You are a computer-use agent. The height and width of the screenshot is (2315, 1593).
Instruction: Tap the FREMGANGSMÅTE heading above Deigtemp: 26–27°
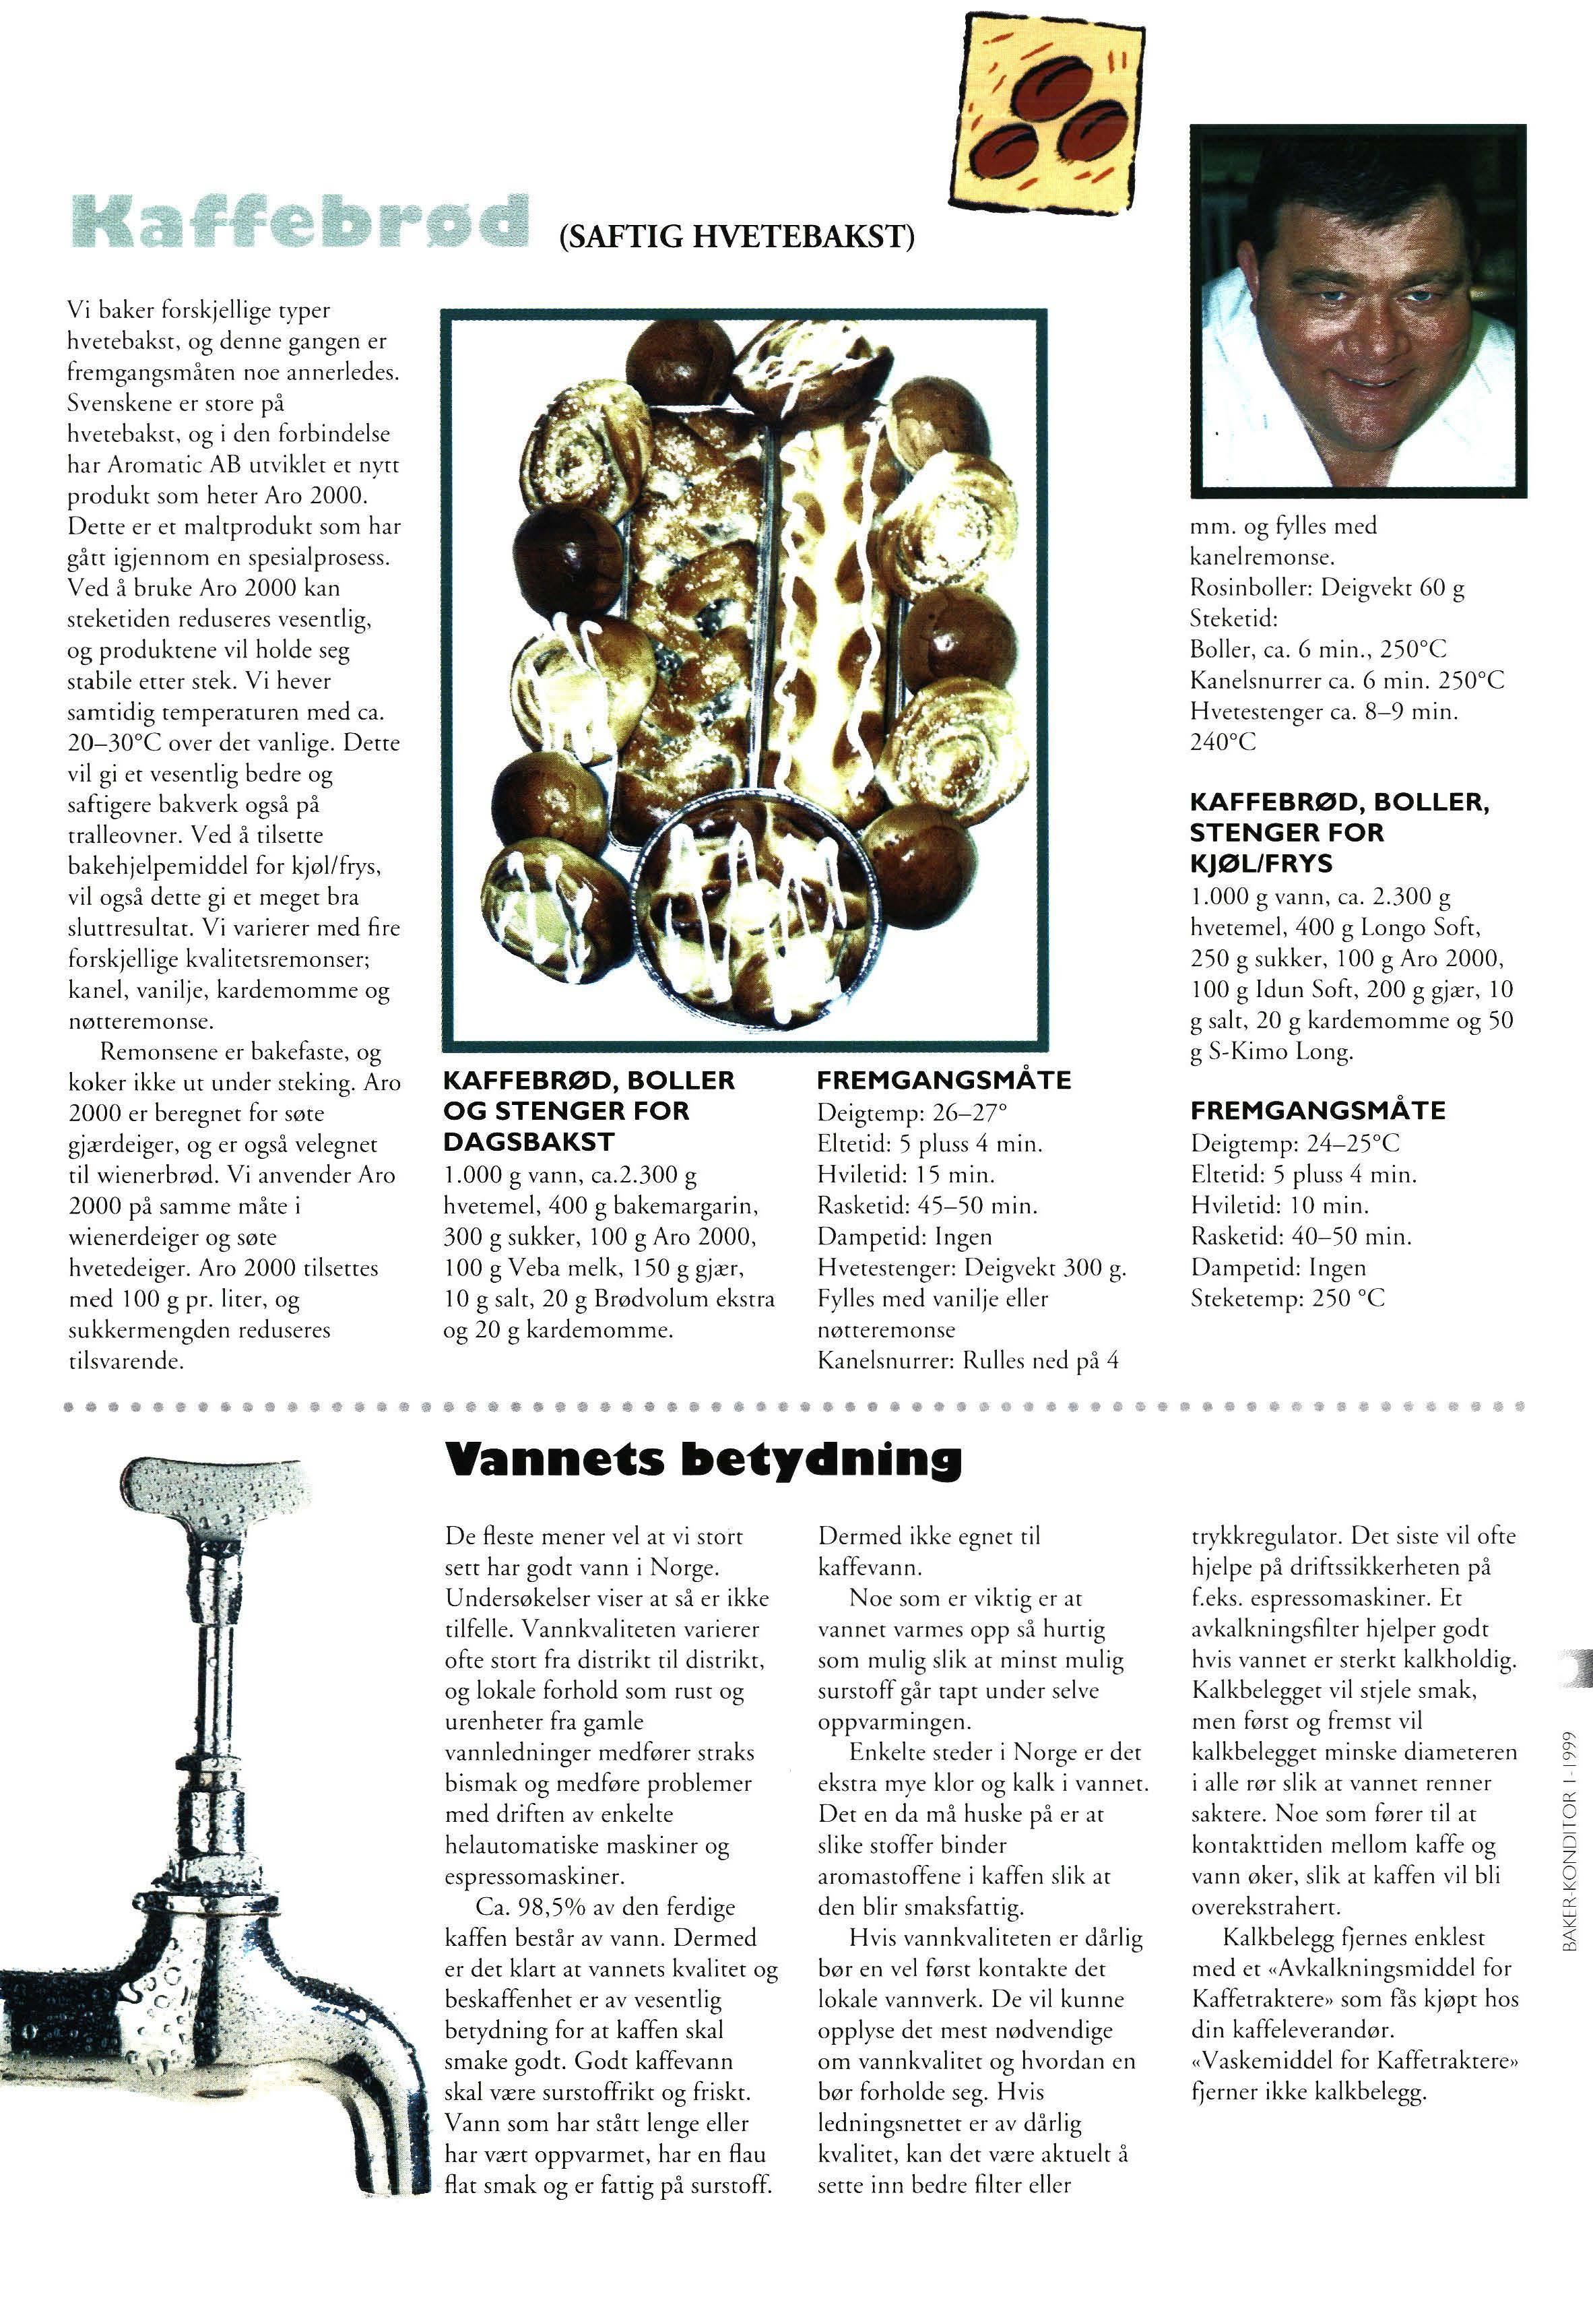(943, 1080)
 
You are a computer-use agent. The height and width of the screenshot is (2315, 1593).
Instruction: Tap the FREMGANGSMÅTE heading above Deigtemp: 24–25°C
(1318, 1111)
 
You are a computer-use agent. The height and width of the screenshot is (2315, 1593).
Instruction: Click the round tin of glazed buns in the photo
(746, 904)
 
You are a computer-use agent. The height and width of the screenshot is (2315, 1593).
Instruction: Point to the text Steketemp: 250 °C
(1288, 1299)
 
